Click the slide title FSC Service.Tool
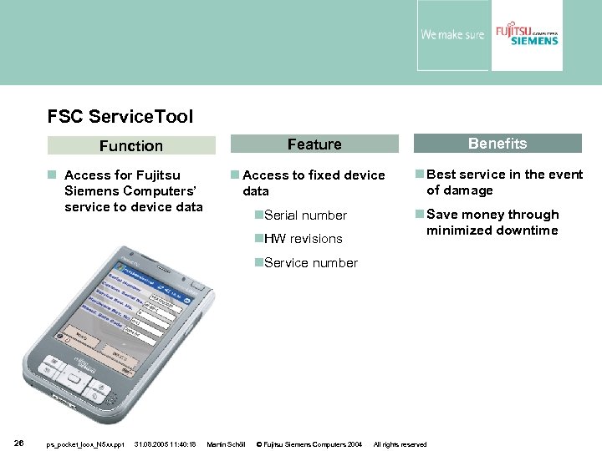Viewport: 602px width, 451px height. coord(120,116)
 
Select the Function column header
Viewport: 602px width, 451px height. coord(131,145)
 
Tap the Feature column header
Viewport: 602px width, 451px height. coord(314,144)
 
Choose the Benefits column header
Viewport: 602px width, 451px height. coord(497,144)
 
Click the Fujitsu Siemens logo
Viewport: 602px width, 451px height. coord(526,34)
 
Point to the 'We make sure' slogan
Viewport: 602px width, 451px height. coord(451,35)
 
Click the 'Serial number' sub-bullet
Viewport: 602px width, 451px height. coord(305,215)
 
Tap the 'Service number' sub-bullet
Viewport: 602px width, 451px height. coord(310,262)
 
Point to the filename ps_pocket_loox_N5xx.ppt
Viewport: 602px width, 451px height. coord(85,444)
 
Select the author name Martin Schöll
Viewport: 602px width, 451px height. coord(225,444)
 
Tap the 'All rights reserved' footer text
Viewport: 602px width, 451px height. coord(400,444)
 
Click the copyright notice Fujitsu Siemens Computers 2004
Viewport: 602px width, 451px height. coord(309,444)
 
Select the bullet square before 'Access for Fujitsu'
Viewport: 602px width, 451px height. coord(52,175)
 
